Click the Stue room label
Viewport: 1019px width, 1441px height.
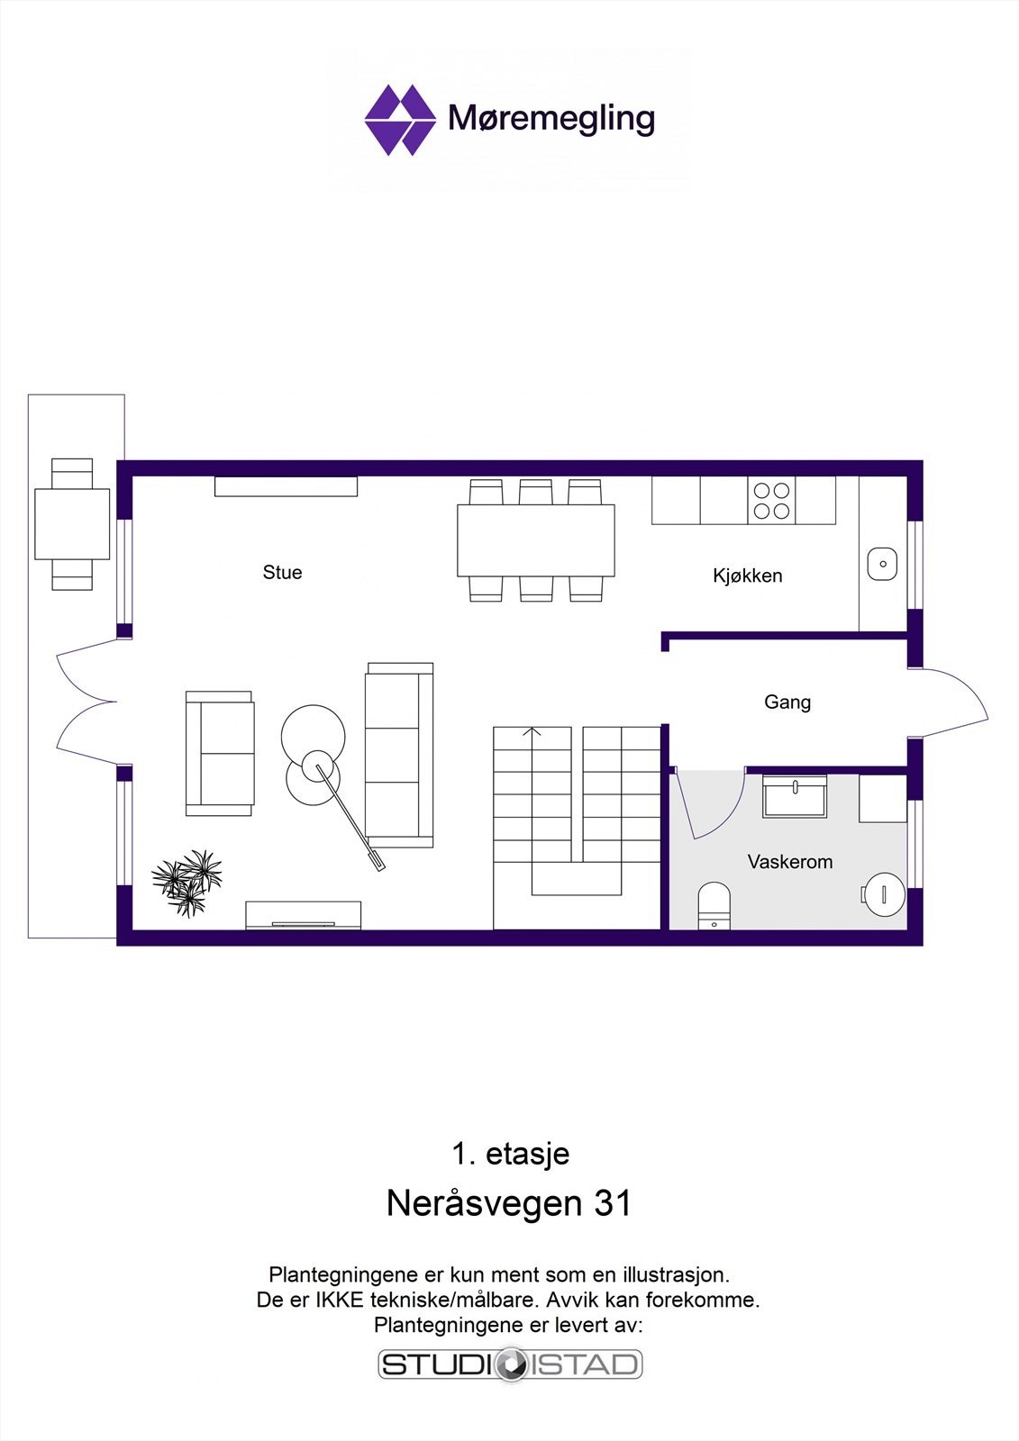pos(282,573)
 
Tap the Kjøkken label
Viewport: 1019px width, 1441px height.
pos(747,575)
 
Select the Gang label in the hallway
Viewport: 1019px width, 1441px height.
pos(787,702)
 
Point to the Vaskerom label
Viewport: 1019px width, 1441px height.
pos(789,862)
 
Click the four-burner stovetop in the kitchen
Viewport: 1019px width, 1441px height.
pos(771,502)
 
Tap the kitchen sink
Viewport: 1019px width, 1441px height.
pos(883,565)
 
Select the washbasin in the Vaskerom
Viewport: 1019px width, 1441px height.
pos(795,797)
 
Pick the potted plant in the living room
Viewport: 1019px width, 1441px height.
pos(188,881)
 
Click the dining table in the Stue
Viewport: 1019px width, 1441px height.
pos(536,540)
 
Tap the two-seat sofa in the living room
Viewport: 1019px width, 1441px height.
pos(219,754)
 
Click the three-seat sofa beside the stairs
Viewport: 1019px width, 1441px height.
pos(399,755)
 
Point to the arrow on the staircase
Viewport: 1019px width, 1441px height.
pos(532,732)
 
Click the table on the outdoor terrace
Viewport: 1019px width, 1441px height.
pos(72,523)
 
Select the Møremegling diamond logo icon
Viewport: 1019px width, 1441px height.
pos(398,120)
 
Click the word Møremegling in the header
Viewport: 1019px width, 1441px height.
pos(551,119)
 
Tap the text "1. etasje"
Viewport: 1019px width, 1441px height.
pos(510,1154)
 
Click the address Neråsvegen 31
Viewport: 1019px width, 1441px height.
pos(509,1203)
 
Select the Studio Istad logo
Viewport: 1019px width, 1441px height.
pos(510,1364)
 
